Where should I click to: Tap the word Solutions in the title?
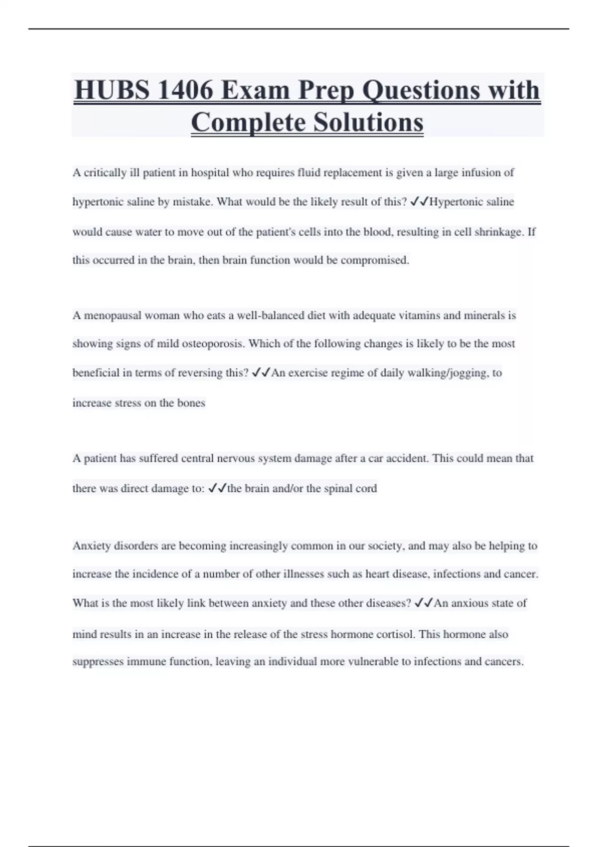tap(368, 123)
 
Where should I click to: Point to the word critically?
tap(105, 173)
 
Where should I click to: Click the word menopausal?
tap(113, 315)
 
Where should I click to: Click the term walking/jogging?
tap(445, 373)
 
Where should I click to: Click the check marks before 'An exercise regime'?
tap(261, 373)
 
